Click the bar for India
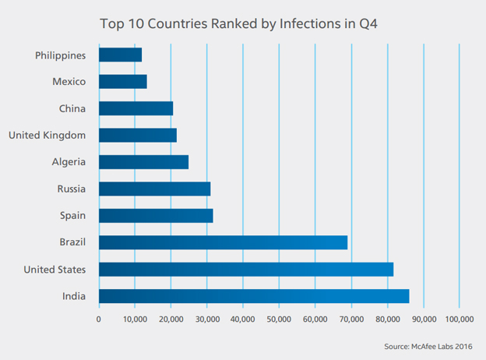click(254, 296)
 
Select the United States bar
click(246, 270)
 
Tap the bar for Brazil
click(223, 242)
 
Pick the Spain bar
click(156, 216)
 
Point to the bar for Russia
click(154, 189)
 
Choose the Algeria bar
click(143, 162)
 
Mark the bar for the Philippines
click(120, 55)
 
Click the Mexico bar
click(122, 82)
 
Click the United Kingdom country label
click(48, 136)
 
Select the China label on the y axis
click(72, 109)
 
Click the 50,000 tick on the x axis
click(279, 319)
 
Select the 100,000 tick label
click(459, 319)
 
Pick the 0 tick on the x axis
click(99, 319)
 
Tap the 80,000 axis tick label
click(387, 319)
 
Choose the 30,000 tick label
click(206, 319)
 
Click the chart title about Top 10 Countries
click(242, 23)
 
